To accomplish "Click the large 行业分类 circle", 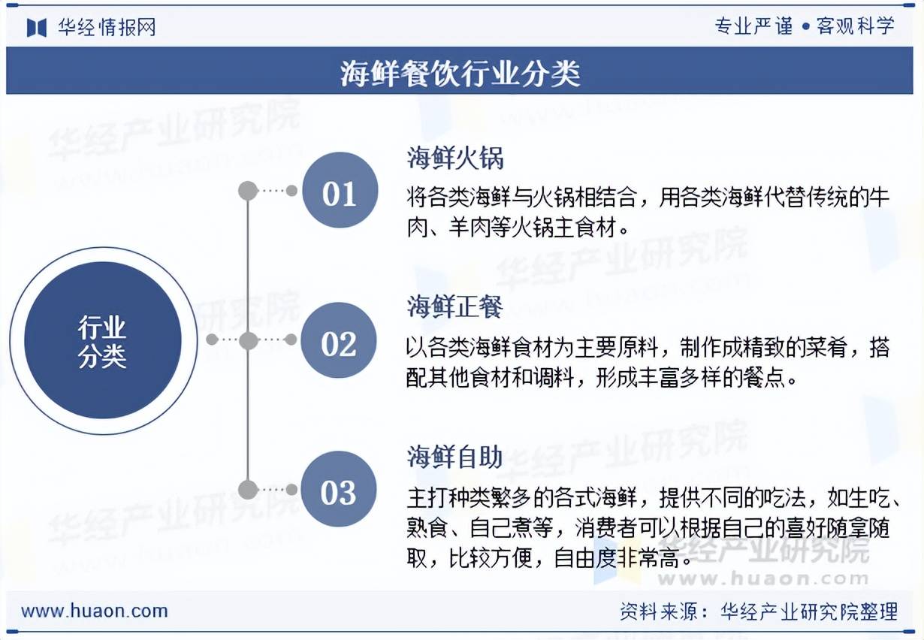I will point(103,340).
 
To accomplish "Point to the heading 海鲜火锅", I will point(454,158).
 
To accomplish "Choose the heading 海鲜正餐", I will point(454,306).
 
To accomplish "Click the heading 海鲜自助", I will point(454,456).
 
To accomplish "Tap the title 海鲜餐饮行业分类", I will point(460,74).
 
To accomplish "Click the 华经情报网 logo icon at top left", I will point(37,28).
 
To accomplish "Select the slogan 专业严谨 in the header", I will point(753,26).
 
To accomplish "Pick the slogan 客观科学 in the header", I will point(856,26).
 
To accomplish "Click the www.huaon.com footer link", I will point(94,611).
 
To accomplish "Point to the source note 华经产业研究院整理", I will point(809,611).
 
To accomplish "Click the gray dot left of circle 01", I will point(248,191).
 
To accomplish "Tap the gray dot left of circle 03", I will point(248,490).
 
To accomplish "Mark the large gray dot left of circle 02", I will point(248,340).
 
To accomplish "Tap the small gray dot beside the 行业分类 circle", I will point(212,340).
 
